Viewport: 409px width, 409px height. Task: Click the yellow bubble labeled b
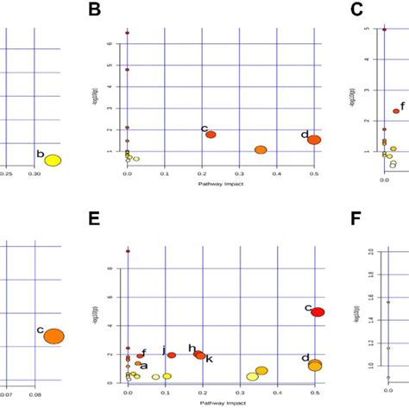tap(53, 160)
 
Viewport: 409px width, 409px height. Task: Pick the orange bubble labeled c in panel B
tap(211, 135)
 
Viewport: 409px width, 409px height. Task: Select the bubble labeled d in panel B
tap(314, 140)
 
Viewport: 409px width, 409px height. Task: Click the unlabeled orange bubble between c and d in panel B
tap(261, 150)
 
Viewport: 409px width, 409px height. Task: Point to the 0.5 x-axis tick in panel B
tap(314, 173)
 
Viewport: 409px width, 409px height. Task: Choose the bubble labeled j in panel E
tap(171, 355)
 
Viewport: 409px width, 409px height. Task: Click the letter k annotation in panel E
tap(209, 358)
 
